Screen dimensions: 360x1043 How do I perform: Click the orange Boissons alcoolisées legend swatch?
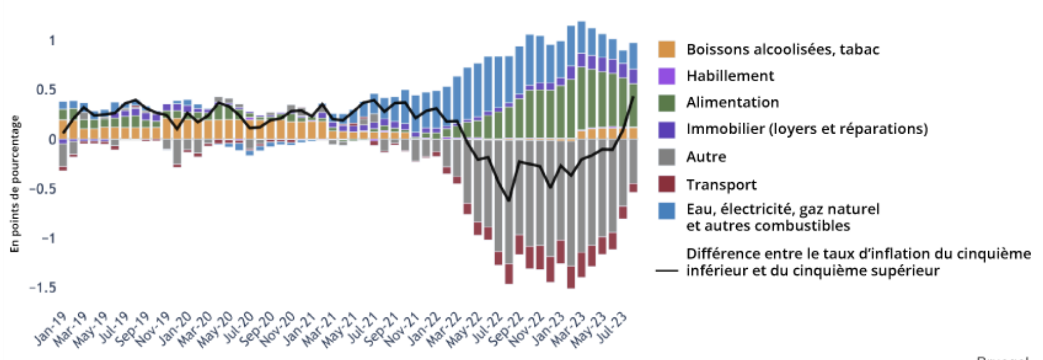[666, 49]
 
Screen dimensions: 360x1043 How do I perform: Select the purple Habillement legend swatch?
[666, 76]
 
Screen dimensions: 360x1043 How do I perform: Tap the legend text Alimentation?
[732, 102]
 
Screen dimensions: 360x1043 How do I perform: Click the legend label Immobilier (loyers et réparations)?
[807, 129]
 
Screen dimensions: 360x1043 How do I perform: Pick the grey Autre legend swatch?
[666, 157]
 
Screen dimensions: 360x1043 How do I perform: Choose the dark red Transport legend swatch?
[666, 184]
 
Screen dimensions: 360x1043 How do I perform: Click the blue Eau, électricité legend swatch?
[666, 211]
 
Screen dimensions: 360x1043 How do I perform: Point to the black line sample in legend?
[666, 271]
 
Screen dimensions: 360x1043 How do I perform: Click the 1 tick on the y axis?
[52, 41]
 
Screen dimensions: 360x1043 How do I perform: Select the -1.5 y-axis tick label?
[43, 287]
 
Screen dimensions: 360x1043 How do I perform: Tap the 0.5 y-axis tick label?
[46, 90]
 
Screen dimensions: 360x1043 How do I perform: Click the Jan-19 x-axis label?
[51, 329]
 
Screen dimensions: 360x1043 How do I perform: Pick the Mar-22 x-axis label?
[445, 329]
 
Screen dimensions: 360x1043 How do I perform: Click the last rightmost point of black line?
[633, 97]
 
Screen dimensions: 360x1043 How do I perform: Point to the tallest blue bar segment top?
[581, 22]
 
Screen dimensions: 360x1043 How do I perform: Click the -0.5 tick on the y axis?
[43, 188]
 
